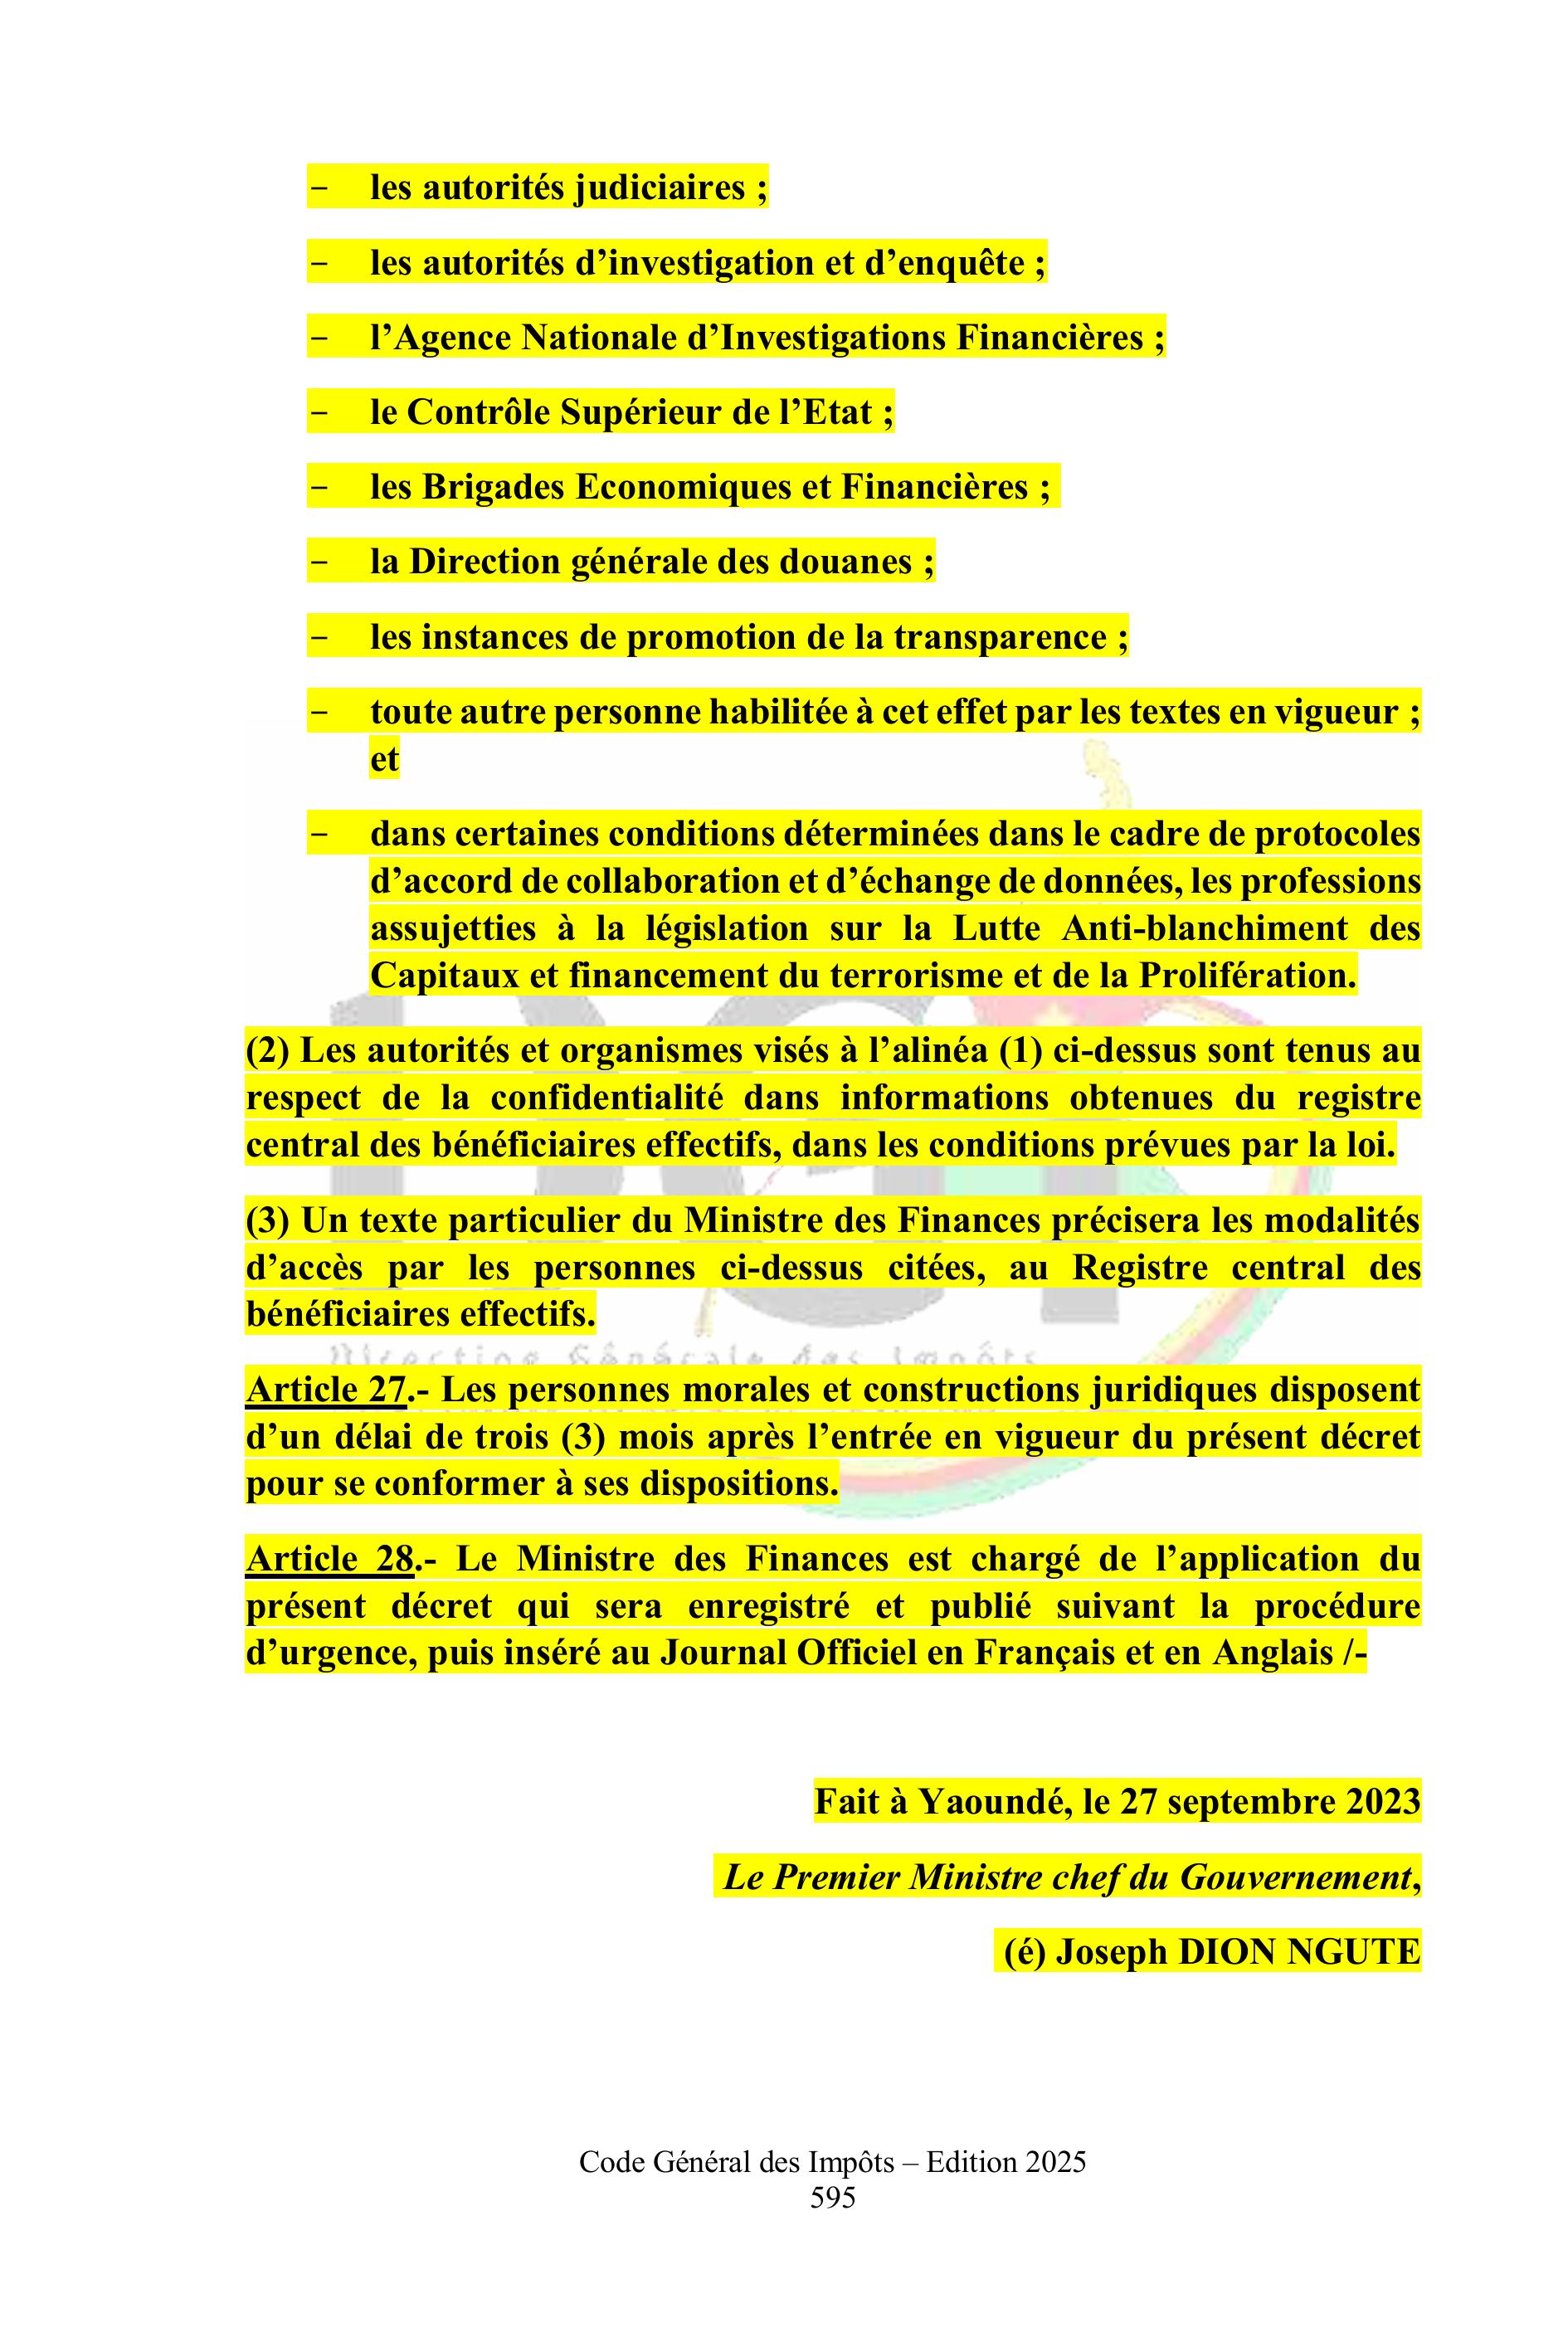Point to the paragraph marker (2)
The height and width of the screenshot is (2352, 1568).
click(267, 1050)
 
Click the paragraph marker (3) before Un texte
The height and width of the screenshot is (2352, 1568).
click(267, 1220)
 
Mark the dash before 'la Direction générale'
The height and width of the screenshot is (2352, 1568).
click(320, 562)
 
